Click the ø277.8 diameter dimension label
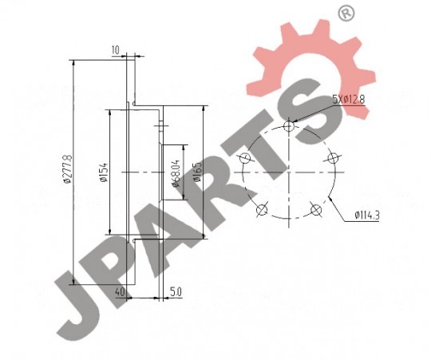pos(68,168)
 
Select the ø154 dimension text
pos(105,173)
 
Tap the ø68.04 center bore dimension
pos(176,173)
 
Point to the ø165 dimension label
pos(197,172)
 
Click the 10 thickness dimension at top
pos(116,50)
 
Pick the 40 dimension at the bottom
pos(120,292)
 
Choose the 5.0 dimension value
pos(176,292)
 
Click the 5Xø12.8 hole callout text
pos(349,99)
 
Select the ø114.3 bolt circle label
pos(367,215)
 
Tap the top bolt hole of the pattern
pos(289,126)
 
